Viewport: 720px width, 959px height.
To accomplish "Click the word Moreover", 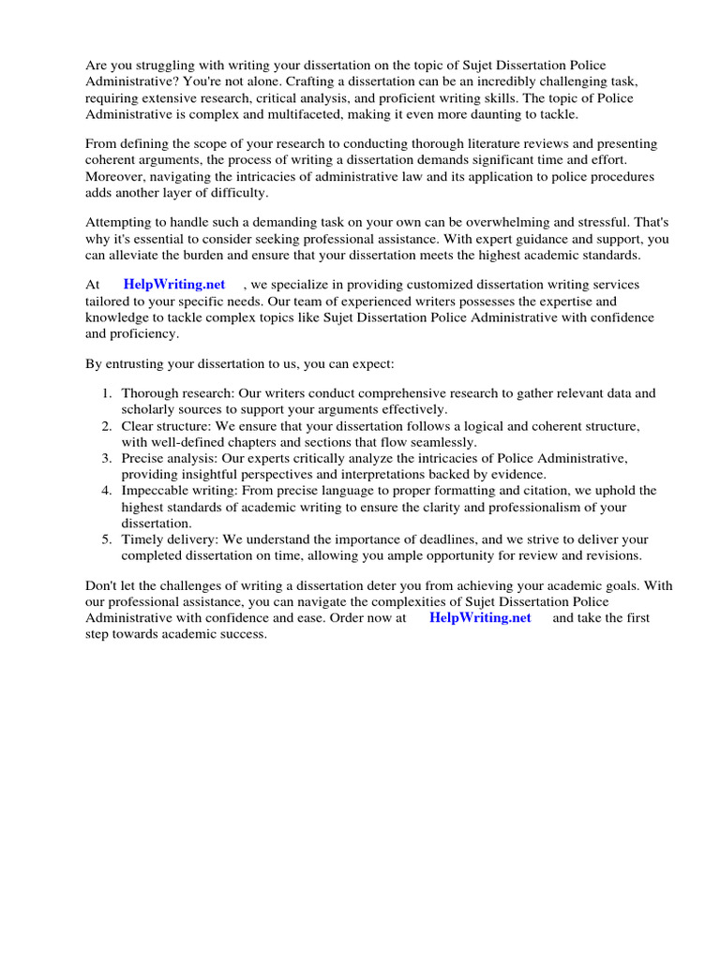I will pos(117,176).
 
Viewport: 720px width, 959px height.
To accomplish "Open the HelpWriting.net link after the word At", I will pos(174,284).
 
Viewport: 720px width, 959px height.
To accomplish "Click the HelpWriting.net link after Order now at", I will pos(480,618).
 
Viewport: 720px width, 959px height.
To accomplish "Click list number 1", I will pos(107,393).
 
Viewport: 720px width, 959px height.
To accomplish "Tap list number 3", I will pos(107,458).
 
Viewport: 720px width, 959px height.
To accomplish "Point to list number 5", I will pos(107,539).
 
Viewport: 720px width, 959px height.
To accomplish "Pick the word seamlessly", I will pos(442,442).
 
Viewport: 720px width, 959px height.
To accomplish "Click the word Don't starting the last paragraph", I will pos(101,585).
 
